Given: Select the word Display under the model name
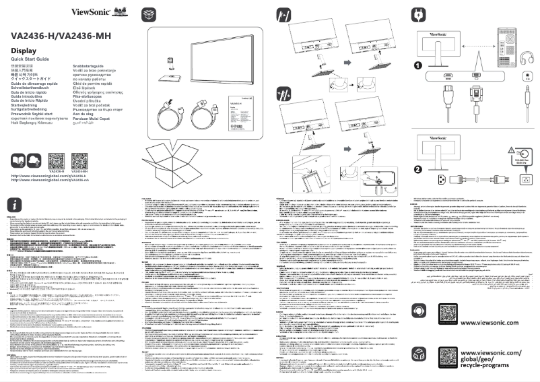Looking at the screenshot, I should click(24, 51).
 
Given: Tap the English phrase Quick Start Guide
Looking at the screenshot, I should click(35, 60).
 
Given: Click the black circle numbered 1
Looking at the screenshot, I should click(418, 65).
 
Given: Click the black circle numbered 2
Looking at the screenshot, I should click(418, 169).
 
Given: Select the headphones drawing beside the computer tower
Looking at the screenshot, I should click(525, 75).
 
